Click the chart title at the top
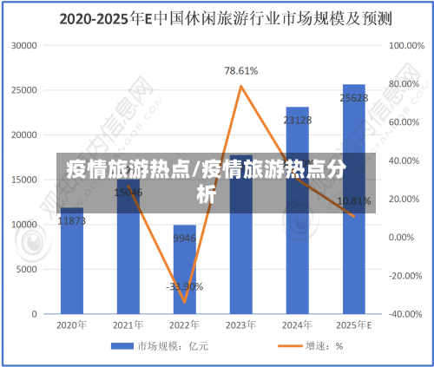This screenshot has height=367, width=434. click(x=216, y=17)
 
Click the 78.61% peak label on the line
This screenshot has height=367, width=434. click(x=240, y=71)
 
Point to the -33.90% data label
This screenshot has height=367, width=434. click(x=184, y=286)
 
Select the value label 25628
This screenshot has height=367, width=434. click(x=354, y=98)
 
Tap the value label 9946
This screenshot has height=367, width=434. click(x=185, y=238)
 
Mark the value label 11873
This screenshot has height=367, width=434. click(x=72, y=221)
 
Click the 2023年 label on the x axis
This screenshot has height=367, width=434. click(x=241, y=325)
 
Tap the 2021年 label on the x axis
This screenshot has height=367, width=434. click(x=128, y=325)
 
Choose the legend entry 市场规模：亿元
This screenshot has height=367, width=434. click(x=161, y=346)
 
